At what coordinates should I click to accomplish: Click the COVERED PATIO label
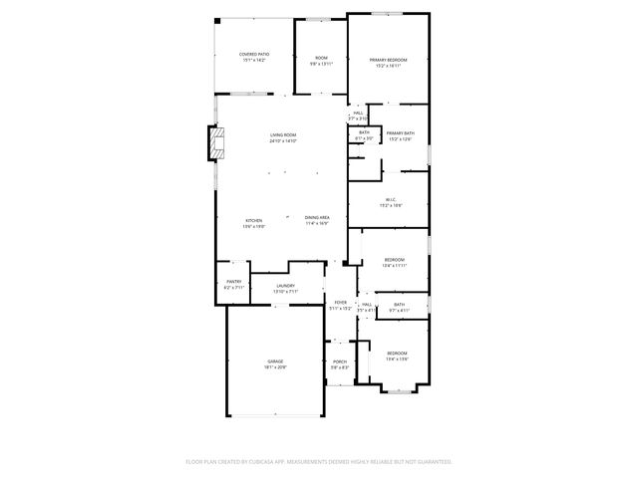pyautogui.click(x=253, y=54)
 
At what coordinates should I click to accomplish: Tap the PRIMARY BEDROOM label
pyautogui.click(x=389, y=60)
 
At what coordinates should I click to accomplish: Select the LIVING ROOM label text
pyautogui.click(x=283, y=134)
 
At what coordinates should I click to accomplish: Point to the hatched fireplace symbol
pyautogui.click(x=214, y=143)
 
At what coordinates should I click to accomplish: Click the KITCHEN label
pyautogui.click(x=253, y=220)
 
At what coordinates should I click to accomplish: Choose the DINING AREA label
pyautogui.click(x=318, y=218)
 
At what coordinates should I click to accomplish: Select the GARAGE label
pyautogui.click(x=275, y=360)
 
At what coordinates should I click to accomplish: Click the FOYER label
pyautogui.click(x=340, y=302)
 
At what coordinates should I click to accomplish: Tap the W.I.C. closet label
pyautogui.click(x=389, y=199)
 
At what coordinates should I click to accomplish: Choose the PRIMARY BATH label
pyautogui.click(x=401, y=132)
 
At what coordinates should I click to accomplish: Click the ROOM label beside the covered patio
pyautogui.click(x=321, y=58)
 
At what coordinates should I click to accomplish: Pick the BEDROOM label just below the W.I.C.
pyautogui.click(x=395, y=259)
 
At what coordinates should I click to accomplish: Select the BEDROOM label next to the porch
pyautogui.click(x=397, y=353)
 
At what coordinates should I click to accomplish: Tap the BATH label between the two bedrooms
pyautogui.click(x=399, y=305)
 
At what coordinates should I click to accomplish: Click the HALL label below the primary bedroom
pyautogui.click(x=358, y=113)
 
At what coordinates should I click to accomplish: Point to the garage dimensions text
pyautogui.click(x=275, y=366)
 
